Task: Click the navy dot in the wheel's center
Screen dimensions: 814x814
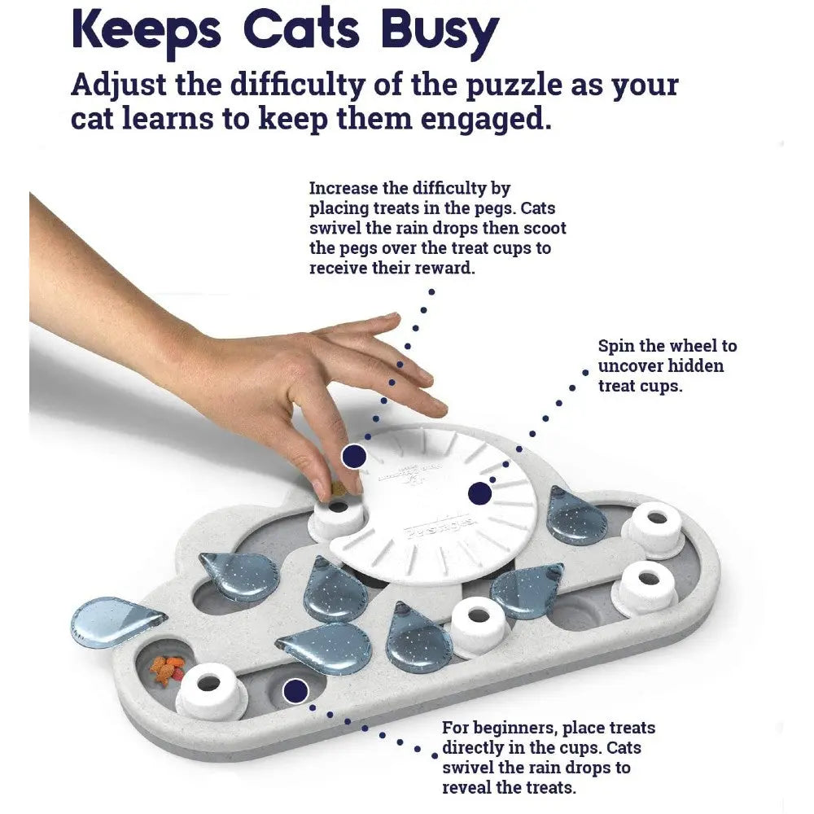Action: pos(479,493)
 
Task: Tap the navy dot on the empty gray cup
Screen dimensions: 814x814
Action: pos(295,692)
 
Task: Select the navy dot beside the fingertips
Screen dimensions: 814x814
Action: pos(352,457)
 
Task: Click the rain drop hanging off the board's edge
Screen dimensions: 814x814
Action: pos(118,620)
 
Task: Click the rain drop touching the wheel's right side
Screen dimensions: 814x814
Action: pos(575,515)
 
